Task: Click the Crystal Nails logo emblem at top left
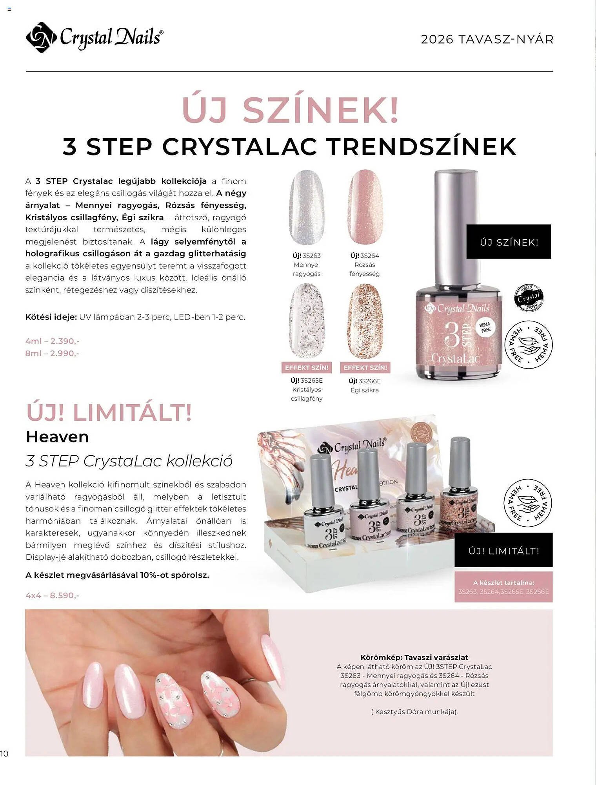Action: tap(41, 37)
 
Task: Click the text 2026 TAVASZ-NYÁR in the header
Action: tap(487, 39)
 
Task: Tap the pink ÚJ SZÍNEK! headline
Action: tap(291, 110)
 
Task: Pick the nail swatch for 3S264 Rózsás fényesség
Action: tap(365, 207)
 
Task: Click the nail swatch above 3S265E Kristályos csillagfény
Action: tap(307, 321)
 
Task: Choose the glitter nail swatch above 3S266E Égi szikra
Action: tap(365, 321)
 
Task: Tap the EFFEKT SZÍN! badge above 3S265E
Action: tap(307, 367)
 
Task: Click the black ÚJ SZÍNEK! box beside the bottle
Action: tap(509, 242)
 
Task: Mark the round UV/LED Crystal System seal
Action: tap(529, 298)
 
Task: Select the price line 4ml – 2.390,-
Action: tap(52, 341)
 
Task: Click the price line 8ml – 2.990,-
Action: tap(52, 353)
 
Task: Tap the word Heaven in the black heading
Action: tap(57, 437)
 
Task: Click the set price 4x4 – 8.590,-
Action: tap(52, 595)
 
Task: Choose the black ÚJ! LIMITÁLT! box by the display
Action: tap(503, 550)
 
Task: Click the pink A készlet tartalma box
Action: tap(503, 587)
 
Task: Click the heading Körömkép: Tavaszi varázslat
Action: tap(414, 657)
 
